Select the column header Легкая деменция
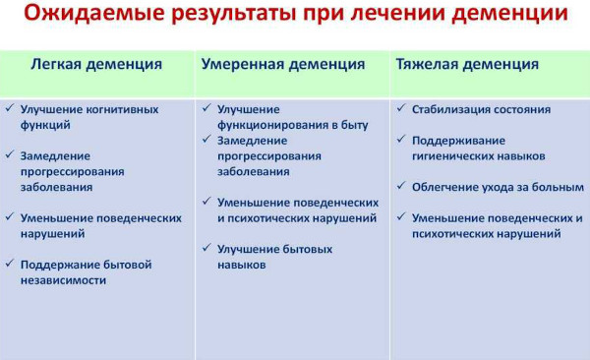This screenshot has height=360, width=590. pos(96,64)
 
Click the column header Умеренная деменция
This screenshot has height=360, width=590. pos(283,64)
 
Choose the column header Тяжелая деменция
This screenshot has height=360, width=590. pos(467,64)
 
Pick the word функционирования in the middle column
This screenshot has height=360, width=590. pos(264,124)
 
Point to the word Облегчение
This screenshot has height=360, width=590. pos(445,187)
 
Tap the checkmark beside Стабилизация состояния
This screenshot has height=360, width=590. pos(401,109)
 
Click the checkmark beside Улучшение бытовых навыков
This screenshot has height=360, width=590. pos(206,249)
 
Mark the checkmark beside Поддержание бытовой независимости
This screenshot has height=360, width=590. pos(10,265)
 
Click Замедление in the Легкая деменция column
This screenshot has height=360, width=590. pos(55,155)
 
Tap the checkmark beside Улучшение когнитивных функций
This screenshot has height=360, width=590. pos(10,109)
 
